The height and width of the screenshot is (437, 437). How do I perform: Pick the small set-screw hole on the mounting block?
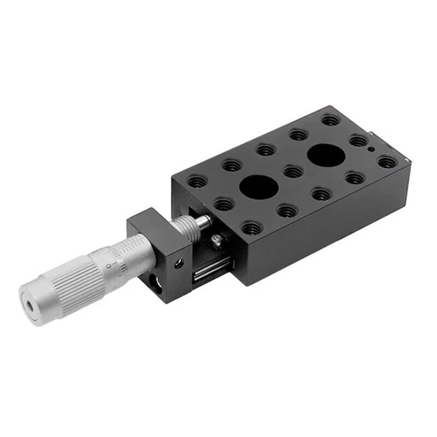180,262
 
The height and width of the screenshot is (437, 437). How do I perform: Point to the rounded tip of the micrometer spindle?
206,221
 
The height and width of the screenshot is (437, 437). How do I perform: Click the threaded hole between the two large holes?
292,171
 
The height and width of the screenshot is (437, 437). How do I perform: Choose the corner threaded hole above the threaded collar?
197,182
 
